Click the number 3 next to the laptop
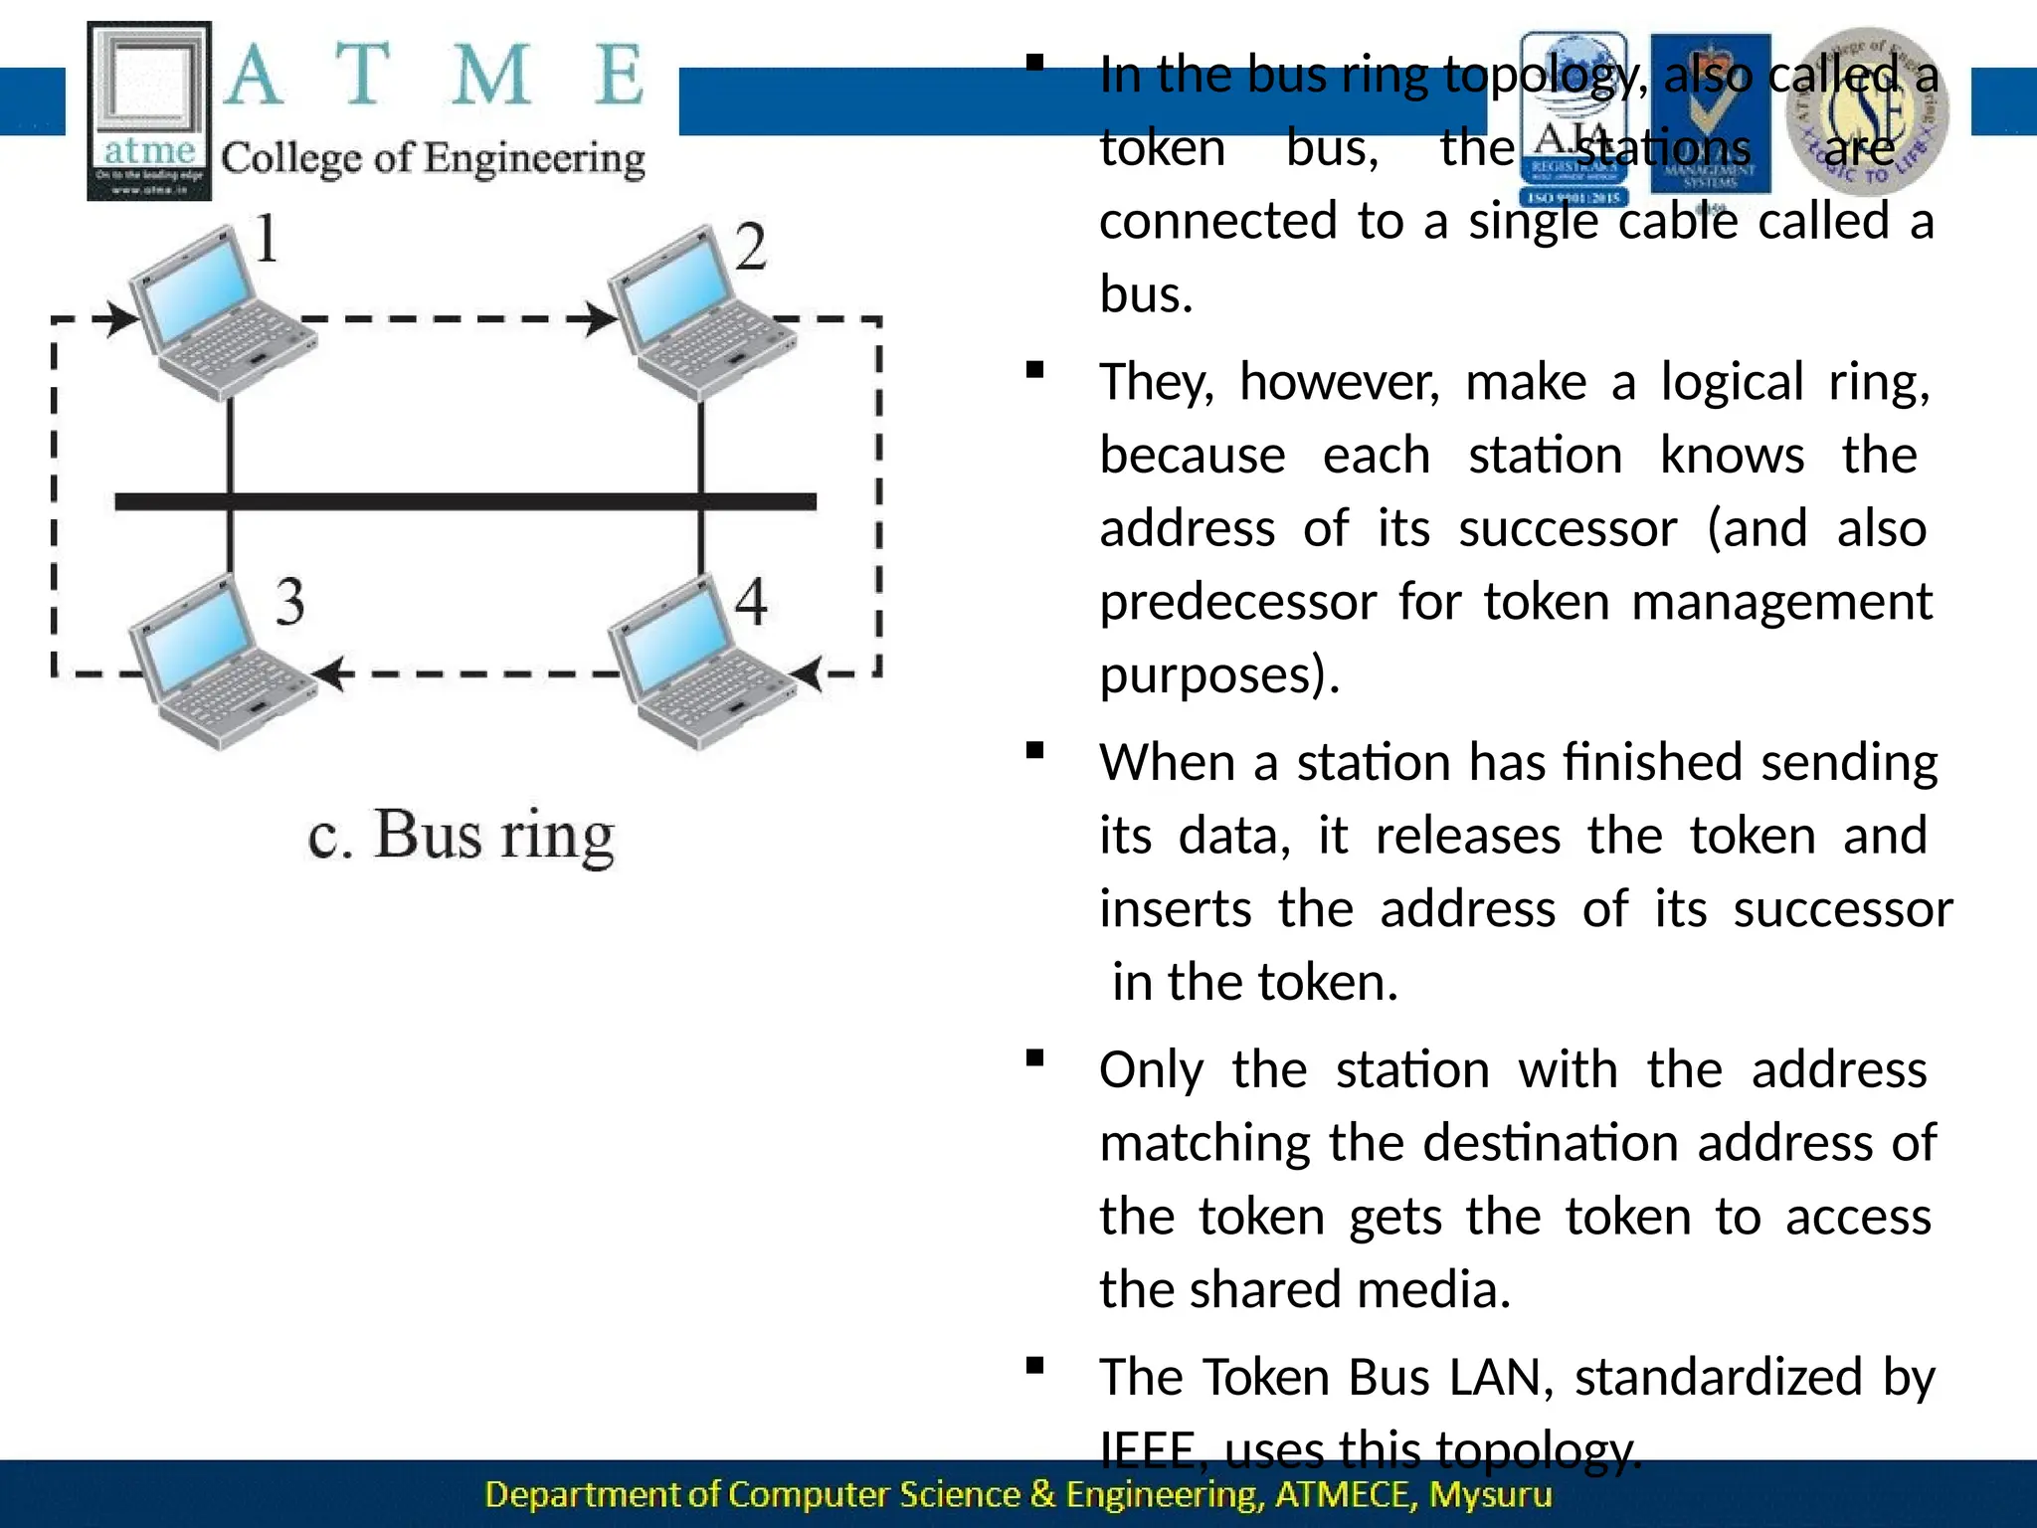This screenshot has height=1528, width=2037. point(289,602)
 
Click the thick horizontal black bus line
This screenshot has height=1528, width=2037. point(465,501)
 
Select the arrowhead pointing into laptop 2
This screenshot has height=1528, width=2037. point(601,319)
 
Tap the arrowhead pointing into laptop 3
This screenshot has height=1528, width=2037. point(332,673)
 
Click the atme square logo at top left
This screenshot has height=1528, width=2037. point(149,110)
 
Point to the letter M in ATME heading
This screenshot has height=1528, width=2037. point(491,76)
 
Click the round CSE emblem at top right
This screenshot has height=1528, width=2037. point(1866,110)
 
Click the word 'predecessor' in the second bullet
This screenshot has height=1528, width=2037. point(1237,602)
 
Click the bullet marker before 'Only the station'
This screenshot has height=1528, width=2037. point(1034,1058)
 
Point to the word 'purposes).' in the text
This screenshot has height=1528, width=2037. point(1219,675)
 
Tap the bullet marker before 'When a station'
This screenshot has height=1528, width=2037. point(1034,751)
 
